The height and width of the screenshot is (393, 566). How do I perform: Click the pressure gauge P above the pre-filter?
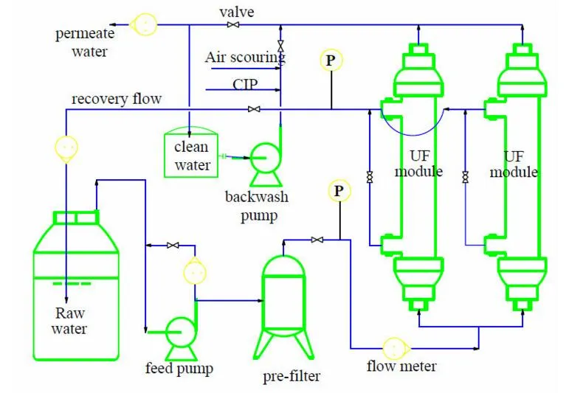coord(338,192)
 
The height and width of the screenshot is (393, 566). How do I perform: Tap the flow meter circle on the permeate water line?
coord(145,24)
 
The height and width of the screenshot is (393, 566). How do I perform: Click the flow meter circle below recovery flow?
coord(66,147)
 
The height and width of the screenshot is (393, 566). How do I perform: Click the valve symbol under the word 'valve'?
coord(233,25)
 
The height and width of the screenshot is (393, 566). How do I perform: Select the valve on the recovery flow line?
coord(254,110)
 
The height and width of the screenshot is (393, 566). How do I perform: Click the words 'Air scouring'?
coord(244,57)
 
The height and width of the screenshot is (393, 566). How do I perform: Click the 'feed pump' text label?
coord(179,369)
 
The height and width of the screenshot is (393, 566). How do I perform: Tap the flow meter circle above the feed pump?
coord(194,273)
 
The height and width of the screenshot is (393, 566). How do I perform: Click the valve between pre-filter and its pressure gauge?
coord(317,240)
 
